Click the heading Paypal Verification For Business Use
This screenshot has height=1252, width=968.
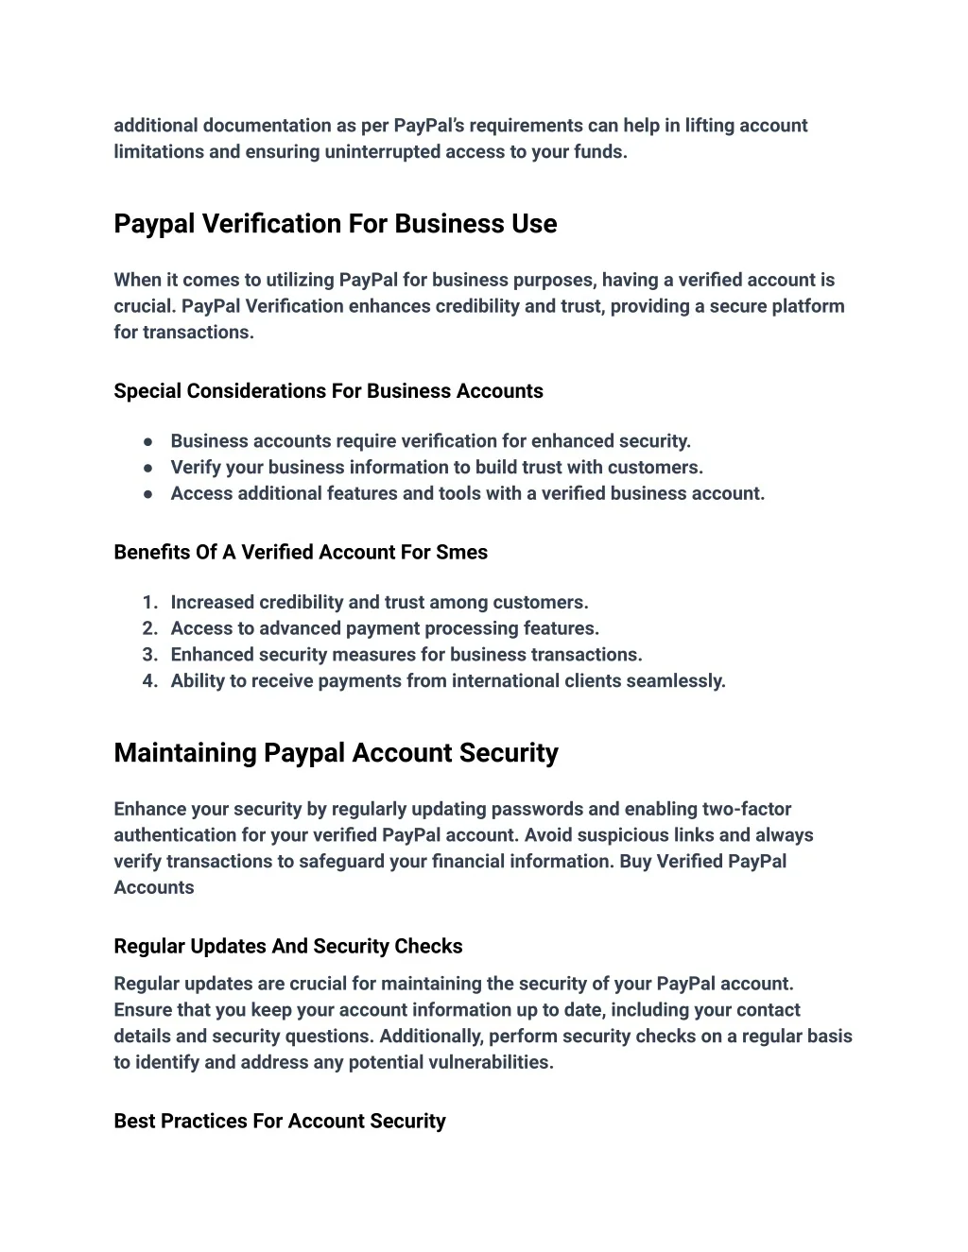(x=335, y=224)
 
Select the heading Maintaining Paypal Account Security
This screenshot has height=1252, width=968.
(x=336, y=753)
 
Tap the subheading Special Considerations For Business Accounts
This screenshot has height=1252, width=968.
(x=328, y=391)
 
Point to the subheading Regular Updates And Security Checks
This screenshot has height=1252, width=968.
(x=287, y=946)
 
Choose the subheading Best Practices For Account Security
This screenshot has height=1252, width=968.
(x=279, y=1121)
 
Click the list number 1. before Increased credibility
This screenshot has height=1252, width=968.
(x=149, y=603)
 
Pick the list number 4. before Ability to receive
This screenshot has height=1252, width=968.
(x=149, y=681)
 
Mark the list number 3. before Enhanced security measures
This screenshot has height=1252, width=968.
(x=149, y=655)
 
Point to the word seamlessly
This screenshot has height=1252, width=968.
(x=678, y=681)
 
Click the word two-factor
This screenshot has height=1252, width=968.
(x=747, y=809)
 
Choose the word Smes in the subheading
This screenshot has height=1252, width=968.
(x=461, y=553)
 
